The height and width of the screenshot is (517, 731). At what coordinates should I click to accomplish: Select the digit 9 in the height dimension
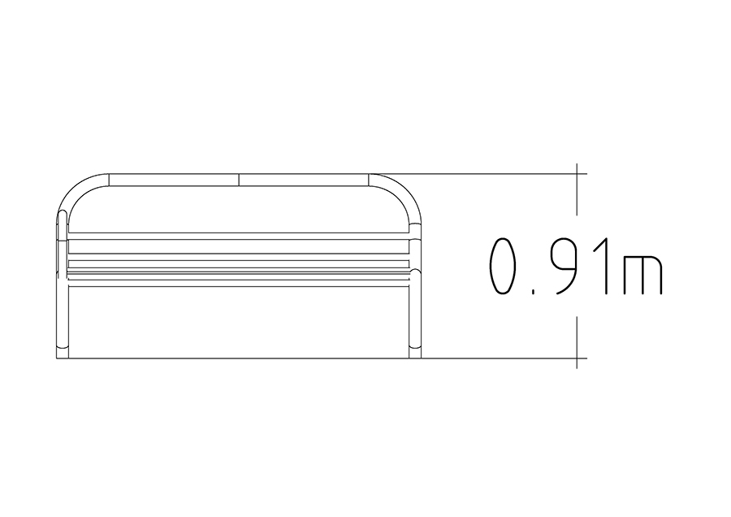(x=566, y=266)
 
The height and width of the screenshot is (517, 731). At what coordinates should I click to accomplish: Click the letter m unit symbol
(x=642, y=275)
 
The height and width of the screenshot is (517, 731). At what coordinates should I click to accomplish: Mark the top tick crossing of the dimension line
(x=577, y=174)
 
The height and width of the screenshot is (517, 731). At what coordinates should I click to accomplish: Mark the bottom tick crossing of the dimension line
(x=577, y=358)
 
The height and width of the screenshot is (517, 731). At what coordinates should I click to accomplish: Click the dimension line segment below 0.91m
(x=577, y=342)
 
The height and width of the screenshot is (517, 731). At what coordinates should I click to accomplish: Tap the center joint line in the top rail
(x=239, y=180)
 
